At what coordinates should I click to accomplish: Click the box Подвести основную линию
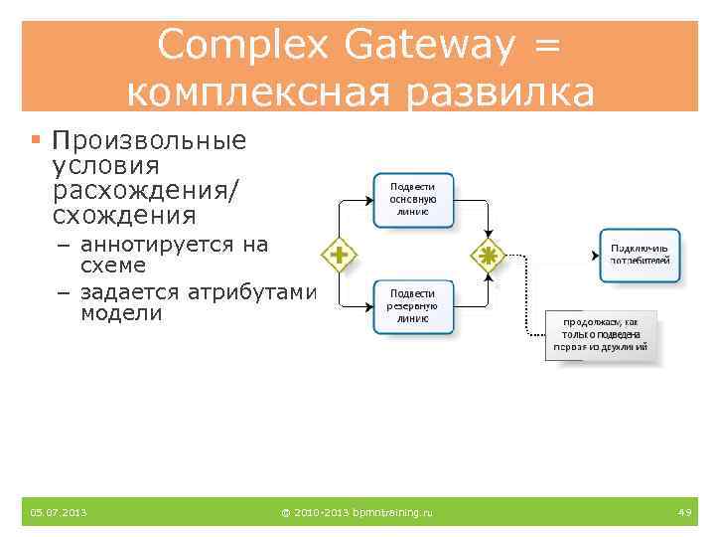(412, 198)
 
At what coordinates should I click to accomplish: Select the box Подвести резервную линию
(412, 305)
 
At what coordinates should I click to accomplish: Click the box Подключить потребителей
(641, 255)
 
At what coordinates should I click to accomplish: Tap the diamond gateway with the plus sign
(339, 255)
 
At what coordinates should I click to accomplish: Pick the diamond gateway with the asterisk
(488, 255)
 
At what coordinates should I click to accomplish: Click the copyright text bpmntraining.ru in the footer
(357, 512)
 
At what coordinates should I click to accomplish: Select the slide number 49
(684, 512)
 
